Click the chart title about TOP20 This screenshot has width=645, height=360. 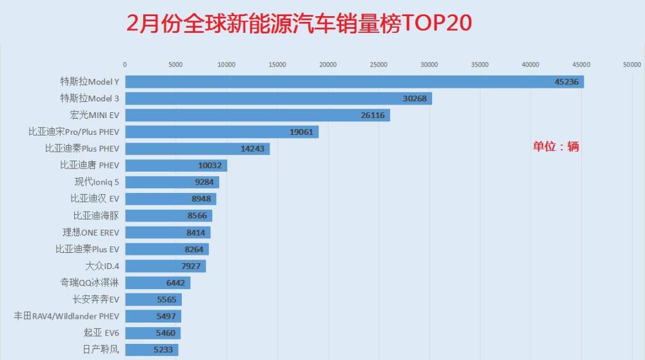coord(299,23)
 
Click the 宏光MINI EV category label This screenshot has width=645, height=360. coord(95,115)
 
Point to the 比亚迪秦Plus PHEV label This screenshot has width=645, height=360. coord(82,148)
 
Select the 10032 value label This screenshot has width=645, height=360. coord(210,165)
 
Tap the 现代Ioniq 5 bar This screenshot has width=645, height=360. coord(172,182)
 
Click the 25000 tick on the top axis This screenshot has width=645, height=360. coord(379,65)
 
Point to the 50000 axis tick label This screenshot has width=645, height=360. coord(631,65)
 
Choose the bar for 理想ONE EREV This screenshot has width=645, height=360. coord(167,232)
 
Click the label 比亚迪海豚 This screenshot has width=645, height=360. coord(96,215)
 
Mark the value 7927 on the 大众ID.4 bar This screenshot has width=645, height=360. coord(192,266)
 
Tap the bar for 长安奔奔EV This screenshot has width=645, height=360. coord(153,299)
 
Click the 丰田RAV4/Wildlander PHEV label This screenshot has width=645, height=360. coord(66,316)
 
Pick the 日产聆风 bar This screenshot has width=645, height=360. coord(151,350)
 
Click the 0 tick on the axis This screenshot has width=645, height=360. coord(124,65)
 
